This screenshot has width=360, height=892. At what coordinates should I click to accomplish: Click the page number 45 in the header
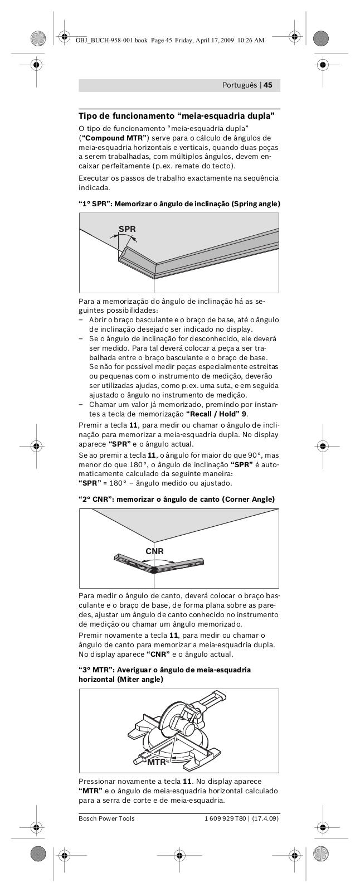(267, 85)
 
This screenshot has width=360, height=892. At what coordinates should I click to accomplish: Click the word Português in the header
(240, 85)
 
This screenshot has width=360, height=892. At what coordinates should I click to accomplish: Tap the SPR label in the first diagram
(127, 229)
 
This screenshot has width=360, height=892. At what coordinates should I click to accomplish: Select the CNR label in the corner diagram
(154, 551)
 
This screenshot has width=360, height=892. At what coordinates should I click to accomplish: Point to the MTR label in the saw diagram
(157, 762)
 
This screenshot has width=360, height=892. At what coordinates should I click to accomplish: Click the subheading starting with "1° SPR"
(179, 204)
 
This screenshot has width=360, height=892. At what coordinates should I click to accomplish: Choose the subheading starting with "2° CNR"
(177, 499)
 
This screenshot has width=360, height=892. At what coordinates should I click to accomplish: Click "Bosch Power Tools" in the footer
(106, 818)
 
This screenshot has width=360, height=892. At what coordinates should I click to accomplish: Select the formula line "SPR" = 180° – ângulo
(155, 483)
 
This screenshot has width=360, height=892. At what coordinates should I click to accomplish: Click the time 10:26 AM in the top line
(250, 40)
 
